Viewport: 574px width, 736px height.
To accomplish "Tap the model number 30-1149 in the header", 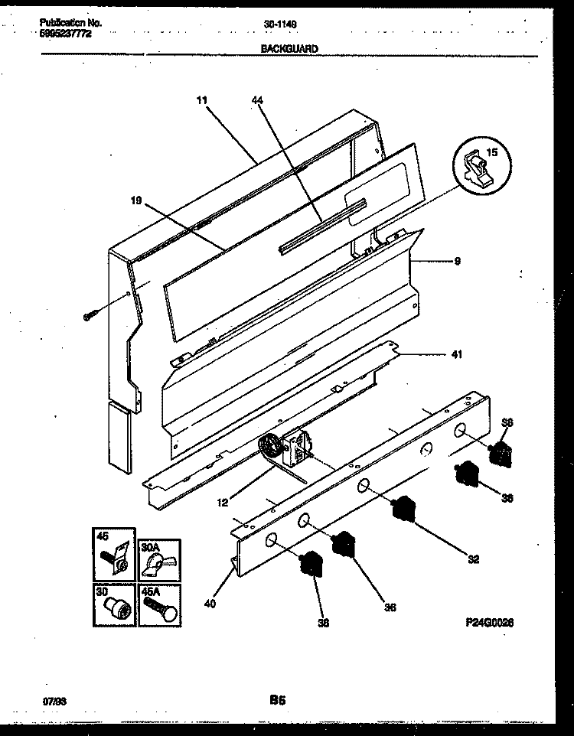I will (x=285, y=24).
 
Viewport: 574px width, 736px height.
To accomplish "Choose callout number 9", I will (x=457, y=261).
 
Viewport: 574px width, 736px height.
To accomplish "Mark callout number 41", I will (x=457, y=354).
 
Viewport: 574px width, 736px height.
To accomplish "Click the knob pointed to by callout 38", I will (x=311, y=564).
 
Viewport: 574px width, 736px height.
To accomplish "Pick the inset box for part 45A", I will (x=159, y=604).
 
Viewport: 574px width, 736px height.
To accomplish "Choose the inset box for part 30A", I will (x=159, y=560).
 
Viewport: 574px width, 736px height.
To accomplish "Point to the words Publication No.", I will (x=70, y=23).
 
